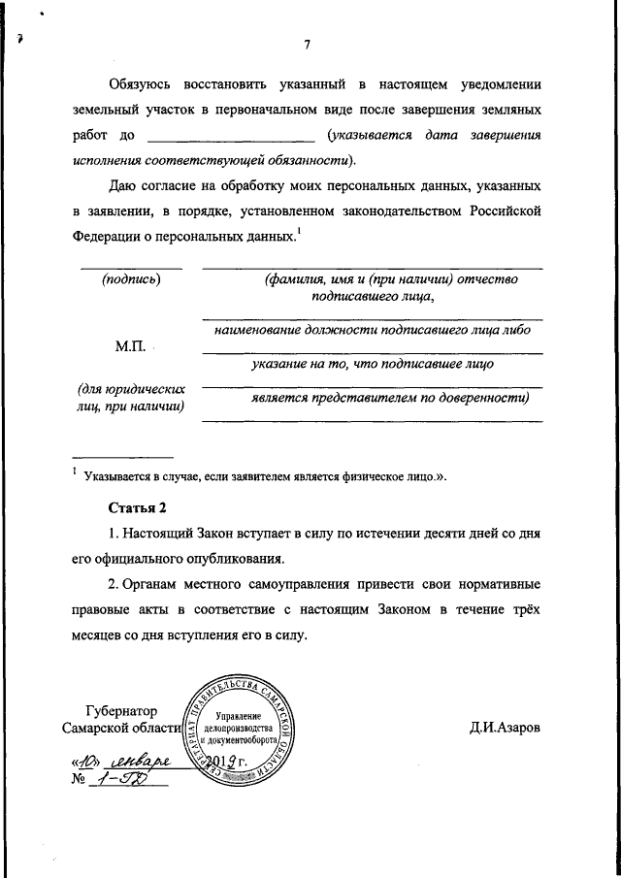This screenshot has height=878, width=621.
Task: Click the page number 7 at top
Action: click(307, 46)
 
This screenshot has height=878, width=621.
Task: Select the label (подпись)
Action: click(130, 279)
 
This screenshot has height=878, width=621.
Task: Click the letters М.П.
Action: click(129, 345)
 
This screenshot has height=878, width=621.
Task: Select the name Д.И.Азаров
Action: click(503, 728)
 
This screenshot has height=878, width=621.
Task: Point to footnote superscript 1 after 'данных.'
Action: click(300, 230)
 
